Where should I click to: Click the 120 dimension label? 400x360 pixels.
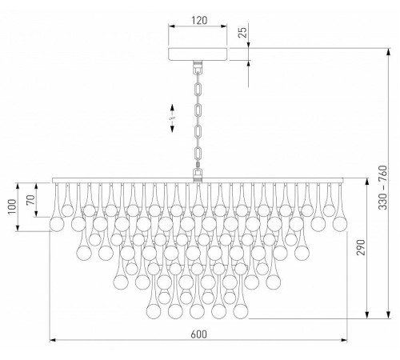pyautogui.click(x=199, y=20)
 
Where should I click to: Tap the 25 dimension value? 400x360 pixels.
pyautogui.click(x=244, y=33)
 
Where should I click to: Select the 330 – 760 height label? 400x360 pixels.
pyautogui.click(x=382, y=187)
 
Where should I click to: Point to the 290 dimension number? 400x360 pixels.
pyautogui.click(x=361, y=247)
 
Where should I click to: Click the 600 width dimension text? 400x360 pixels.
pyautogui.click(x=199, y=334)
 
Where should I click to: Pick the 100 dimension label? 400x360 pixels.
pyautogui.click(x=12, y=206)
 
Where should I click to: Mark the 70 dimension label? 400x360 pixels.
pyautogui.click(x=30, y=200)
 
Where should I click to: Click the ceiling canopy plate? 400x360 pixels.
pyautogui.click(x=198, y=54)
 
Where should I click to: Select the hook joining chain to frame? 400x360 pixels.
pyautogui.click(x=198, y=174)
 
